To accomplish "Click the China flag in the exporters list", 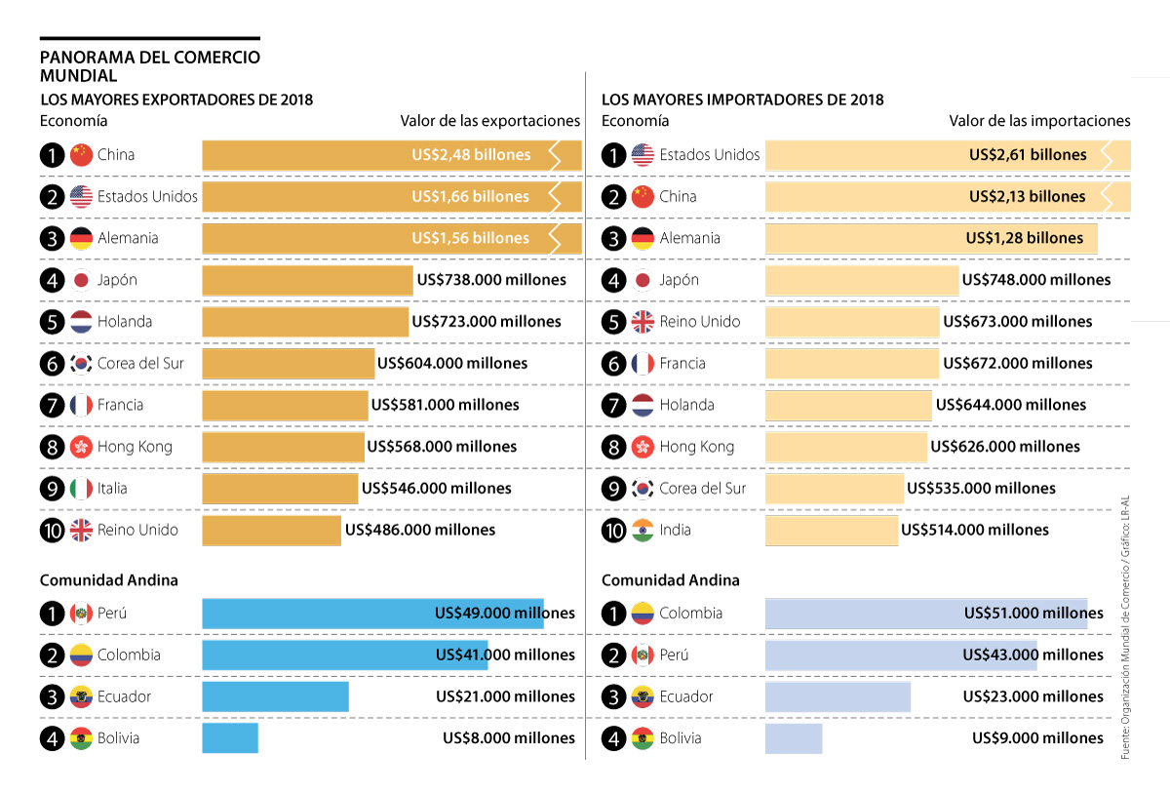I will click(x=81, y=155).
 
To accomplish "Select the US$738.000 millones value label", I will click(x=491, y=280).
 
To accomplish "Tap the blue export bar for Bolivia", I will click(x=230, y=737).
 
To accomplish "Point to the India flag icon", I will click(x=643, y=531).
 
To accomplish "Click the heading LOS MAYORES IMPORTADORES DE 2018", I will click(x=742, y=99).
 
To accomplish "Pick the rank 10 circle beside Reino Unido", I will click(x=52, y=531).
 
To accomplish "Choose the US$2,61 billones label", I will click(x=1028, y=155).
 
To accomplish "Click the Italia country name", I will click(x=112, y=489).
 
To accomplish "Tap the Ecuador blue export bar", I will click(x=275, y=696).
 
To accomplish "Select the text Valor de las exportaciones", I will click(x=489, y=121).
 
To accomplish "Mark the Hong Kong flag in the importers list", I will click(x=643, y=447).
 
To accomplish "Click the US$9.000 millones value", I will click(x=1037, y=738).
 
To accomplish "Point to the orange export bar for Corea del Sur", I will click(x=289, y=364).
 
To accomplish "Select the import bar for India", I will click(x=831, y=531).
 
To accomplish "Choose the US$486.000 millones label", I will click(x=419, y=531).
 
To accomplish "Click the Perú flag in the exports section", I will click(x=81, y=614).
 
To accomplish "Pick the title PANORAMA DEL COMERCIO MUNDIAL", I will click(x=150, y=65).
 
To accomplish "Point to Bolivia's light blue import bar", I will click(x=794, y=737).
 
